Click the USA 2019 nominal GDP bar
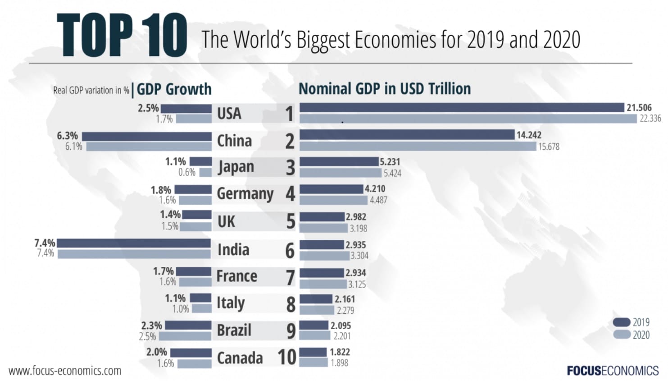pyautogui.click(x=462, y=107)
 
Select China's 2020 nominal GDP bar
pyautogui.click(x=418, y=147)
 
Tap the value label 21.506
pyautogui.click(x=639, y=107)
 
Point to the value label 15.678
pyautogui.click(x=549, y=147)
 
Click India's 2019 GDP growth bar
pyautogui.click(x=134, y=243)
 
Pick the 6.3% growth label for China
pyautogui.click(x=68, y=136)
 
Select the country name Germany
pyautogui.click(x=245, y=193)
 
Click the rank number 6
pyautogui.click(x=290, y=250)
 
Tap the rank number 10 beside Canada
pyautogui.click(x=287, y=358)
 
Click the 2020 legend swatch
pyautogui.click(x=622, y=335)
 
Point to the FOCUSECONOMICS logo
pyautogui.click(x=613, y=371)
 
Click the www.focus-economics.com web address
pyautogui.click(x=65, y=371)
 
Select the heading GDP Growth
pyautogui.click(x=174, y=89)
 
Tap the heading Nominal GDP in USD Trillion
pyautogui.click(x=385, y=88)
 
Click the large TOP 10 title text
pyautogui.click(x=122, y=35)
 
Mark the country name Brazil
pyautogui.click(x=234, y=330)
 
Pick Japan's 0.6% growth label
pyautogui.click(x=186, y=172)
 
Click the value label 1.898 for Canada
pyautogui.click(x=339, y=363)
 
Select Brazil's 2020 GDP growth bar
pyautogui.click(x=185, y=336)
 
